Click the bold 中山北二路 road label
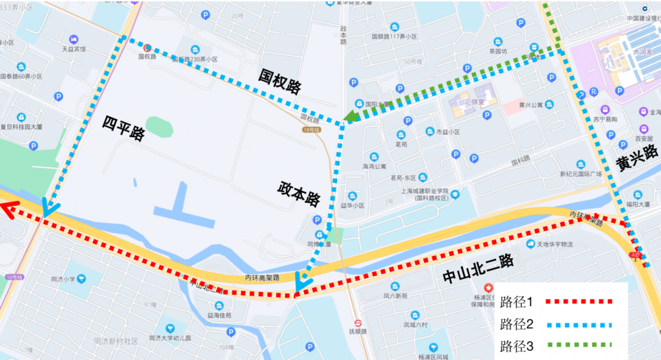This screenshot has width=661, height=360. click(x=478, y=268)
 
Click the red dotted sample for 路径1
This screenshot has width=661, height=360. click(x=579, y=302)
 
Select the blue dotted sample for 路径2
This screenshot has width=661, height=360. click(x=579, y=324)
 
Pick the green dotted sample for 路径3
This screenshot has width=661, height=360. click(x=579, y=346)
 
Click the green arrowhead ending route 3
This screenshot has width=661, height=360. click(x=350, y=116)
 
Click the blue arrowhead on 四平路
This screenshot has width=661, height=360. click(x=48, y=208)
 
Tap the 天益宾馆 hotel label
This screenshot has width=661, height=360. click(x=73, y=49)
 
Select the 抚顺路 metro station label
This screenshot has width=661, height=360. click(x=356, y=331)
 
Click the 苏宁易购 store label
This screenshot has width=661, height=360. click(x=605, y=119)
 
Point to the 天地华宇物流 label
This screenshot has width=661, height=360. click(x=555, y=244)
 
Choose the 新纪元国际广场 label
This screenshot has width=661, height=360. click(x=581, y=174)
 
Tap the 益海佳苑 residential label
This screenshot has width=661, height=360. click(x=219, y=315)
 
